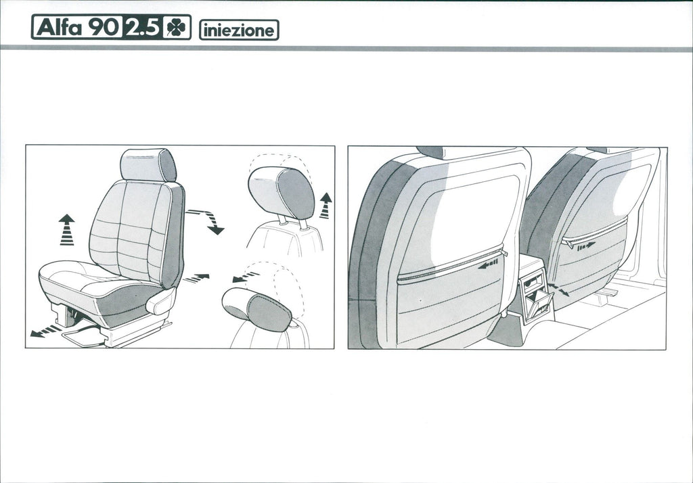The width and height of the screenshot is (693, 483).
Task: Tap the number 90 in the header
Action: (x=104, y=28)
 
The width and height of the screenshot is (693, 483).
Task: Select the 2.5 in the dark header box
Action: (x=141, y=28)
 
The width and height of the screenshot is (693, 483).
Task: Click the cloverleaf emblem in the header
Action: (x=176, y=28)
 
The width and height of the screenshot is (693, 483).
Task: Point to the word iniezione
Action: (x=239, y=30)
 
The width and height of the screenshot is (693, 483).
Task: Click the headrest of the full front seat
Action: (x=148, y=165)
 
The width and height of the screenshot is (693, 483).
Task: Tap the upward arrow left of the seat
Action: (x=67, y=229)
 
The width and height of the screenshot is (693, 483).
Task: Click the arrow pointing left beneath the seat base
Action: (x=45, y=331)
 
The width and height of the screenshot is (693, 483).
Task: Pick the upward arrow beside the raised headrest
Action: (x=326, y=206)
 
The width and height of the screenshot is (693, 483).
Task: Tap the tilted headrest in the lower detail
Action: (x=256, y=309)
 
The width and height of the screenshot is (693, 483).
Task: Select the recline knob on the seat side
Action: (x=160, y=302)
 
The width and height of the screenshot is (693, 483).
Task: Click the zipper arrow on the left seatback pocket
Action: (x=489, y=264)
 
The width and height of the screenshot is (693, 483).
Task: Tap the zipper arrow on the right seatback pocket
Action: (x=585, y=246)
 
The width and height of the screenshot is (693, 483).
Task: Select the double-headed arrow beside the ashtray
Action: (x=558, y=290)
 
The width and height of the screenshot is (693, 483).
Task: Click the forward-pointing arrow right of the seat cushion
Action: (x=196, y=278)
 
